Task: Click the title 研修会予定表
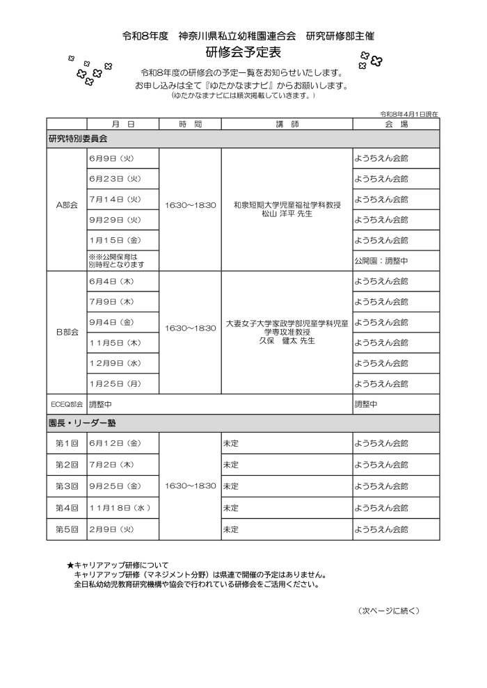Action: point(243,53)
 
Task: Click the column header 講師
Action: point(287,124)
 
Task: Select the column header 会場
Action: point(395,124)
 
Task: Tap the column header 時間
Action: point(190,124)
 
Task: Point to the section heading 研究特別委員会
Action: point(73,138)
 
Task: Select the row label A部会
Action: point(67,206)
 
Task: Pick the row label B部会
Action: point(67,332)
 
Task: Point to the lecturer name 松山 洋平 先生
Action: point(287,214)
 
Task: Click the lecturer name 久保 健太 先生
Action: point(287,341)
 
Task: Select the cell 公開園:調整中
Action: point(381,260)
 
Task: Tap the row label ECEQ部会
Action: point(67,403)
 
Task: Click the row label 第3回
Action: point(67,486)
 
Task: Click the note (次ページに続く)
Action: point(389,610)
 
